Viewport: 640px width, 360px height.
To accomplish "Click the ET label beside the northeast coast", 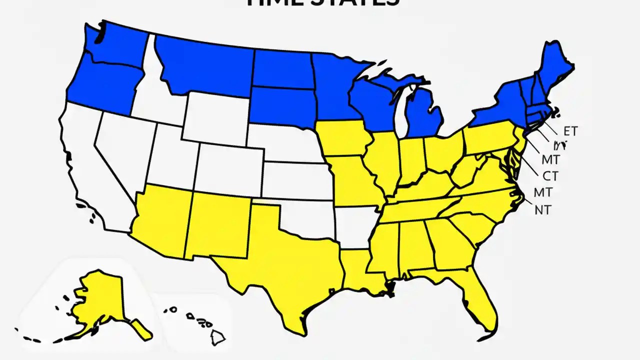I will [570, 131].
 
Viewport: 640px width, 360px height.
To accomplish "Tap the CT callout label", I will [550, 176].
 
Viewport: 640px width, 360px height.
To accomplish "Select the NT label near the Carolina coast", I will [542, 210].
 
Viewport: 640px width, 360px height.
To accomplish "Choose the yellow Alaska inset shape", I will [97, 300].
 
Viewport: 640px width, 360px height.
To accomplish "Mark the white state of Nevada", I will [122, 150].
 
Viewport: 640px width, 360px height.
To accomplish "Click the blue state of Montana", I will [205, 65].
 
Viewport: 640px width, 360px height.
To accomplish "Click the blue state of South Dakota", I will [282, 105].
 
